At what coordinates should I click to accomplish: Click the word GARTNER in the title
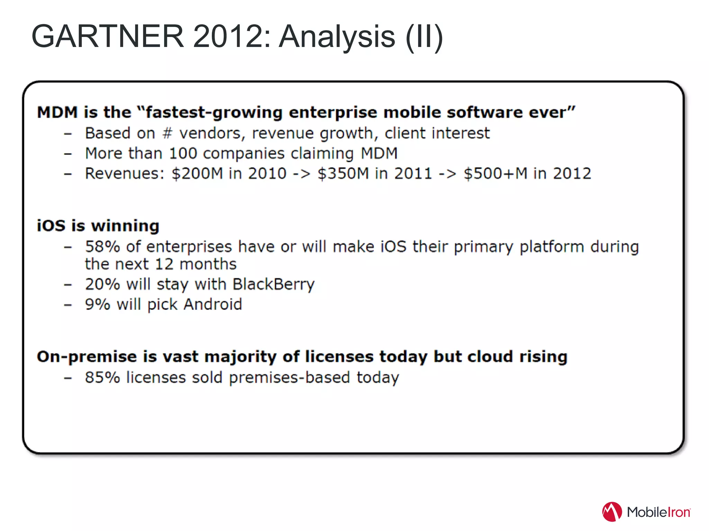107,37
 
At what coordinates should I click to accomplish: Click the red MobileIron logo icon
612,512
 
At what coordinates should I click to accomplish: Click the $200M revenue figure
197,174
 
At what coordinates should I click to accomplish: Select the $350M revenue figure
343,174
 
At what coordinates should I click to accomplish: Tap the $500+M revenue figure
496,174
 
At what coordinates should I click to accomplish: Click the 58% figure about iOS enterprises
102,247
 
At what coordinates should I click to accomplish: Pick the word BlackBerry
273,285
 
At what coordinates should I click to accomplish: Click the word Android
213,305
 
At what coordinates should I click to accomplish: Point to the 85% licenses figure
102,378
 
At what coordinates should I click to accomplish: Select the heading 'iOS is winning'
98,226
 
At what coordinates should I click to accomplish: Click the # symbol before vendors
167,133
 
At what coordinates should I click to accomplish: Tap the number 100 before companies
183,153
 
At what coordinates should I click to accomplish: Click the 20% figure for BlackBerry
102,285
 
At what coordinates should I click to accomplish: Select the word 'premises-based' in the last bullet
289,378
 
